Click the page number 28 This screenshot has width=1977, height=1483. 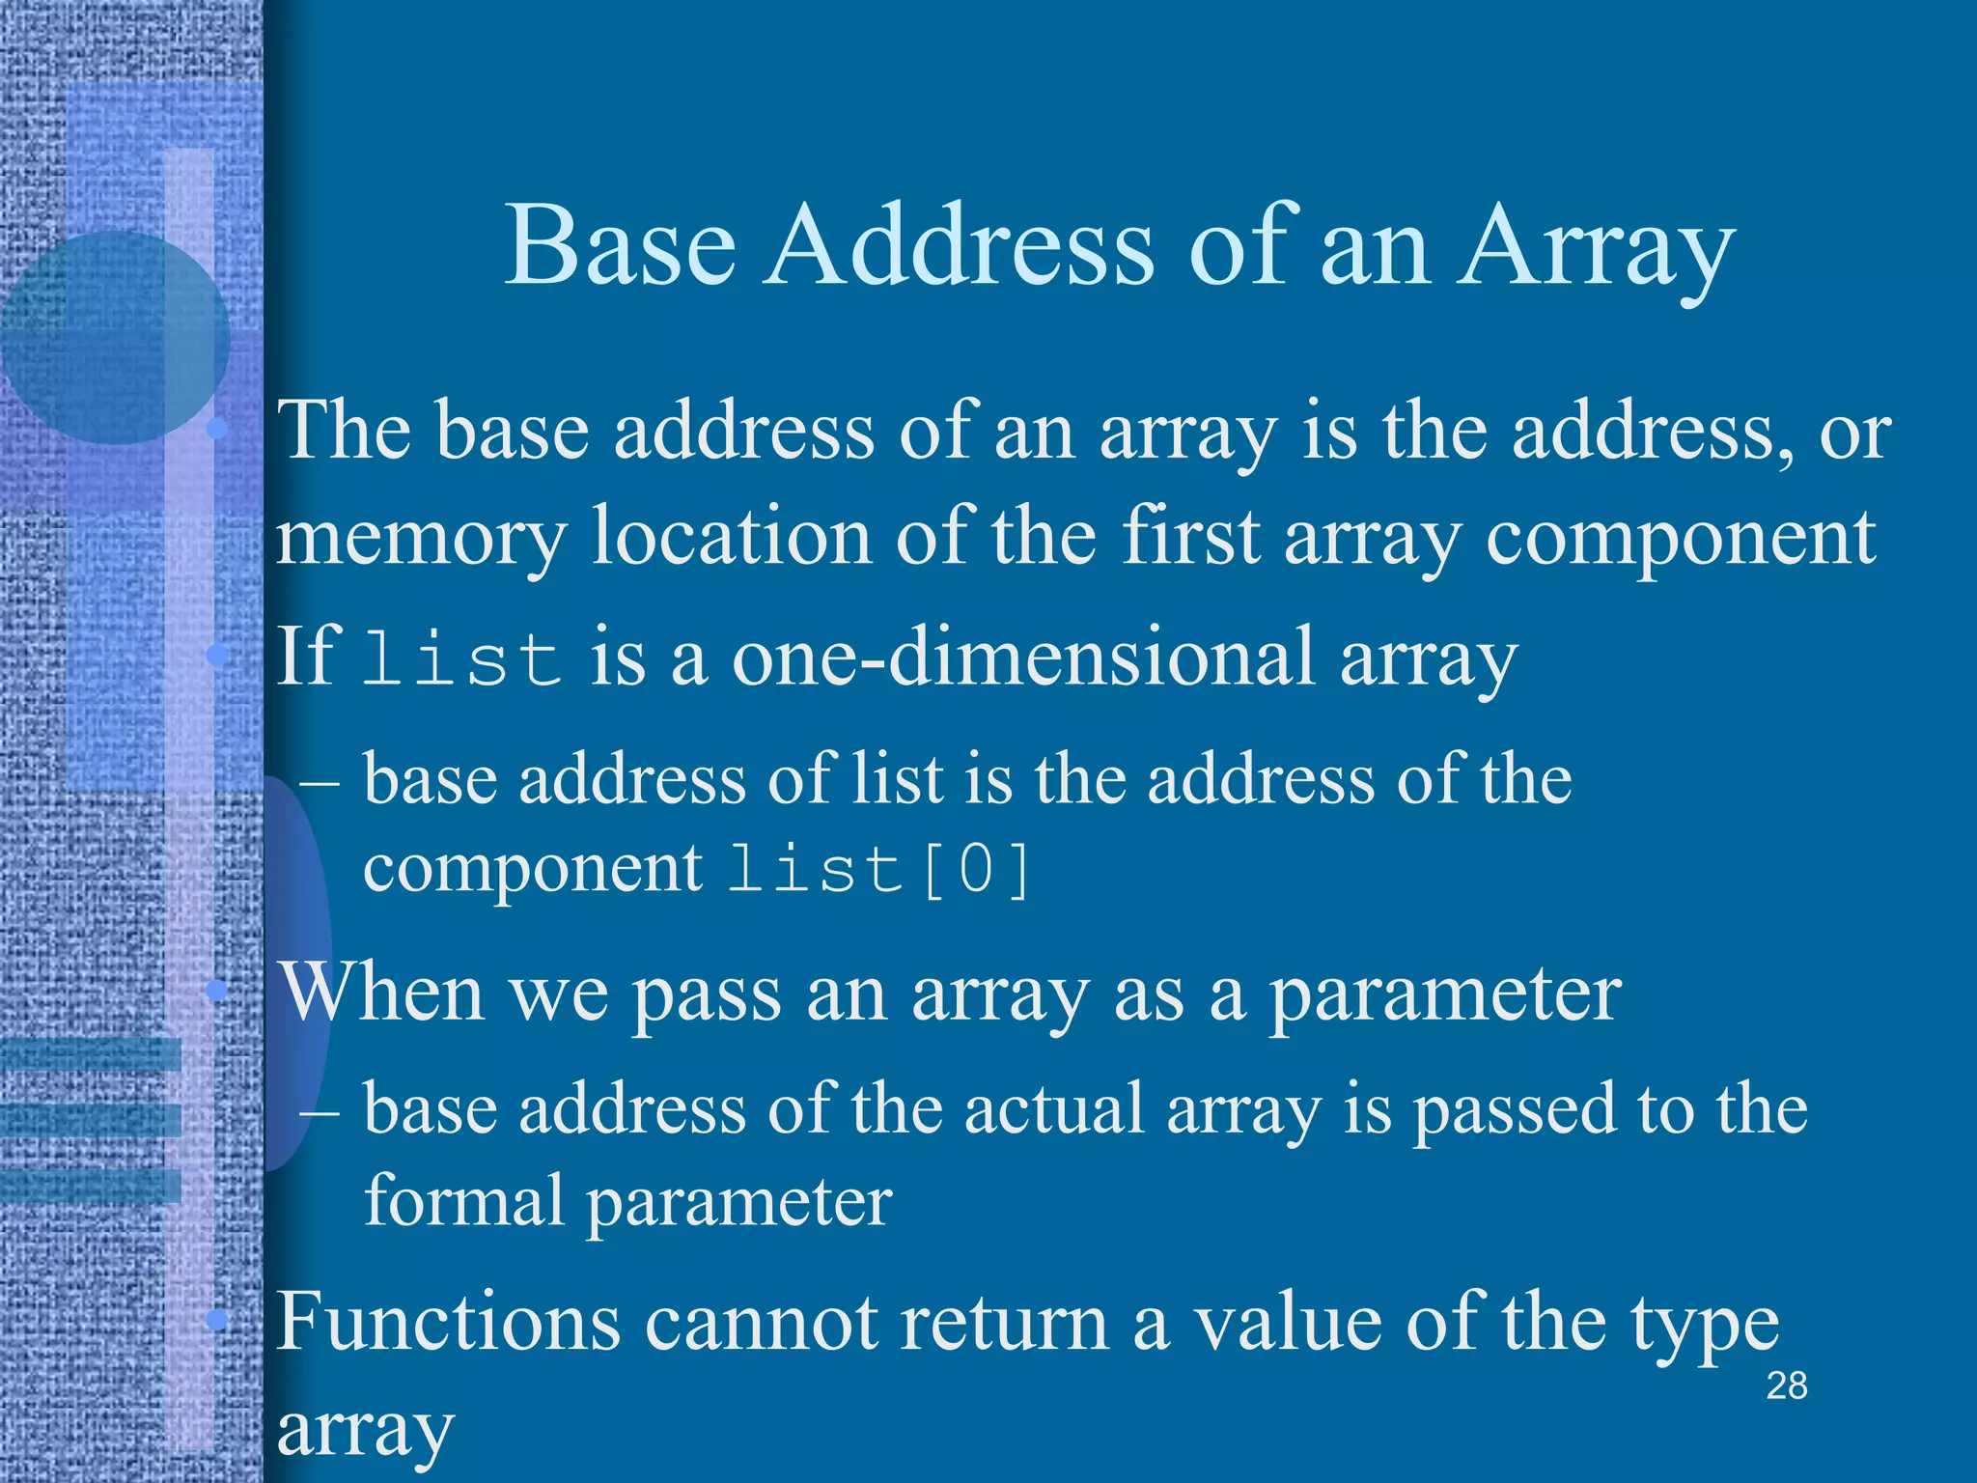1786,1386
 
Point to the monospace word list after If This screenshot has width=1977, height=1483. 462,658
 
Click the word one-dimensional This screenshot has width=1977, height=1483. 1023,657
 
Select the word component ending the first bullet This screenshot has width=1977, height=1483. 1681,537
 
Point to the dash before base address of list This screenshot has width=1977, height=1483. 319,780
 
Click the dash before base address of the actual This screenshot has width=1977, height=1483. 319,1110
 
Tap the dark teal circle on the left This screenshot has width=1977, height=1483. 114,338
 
